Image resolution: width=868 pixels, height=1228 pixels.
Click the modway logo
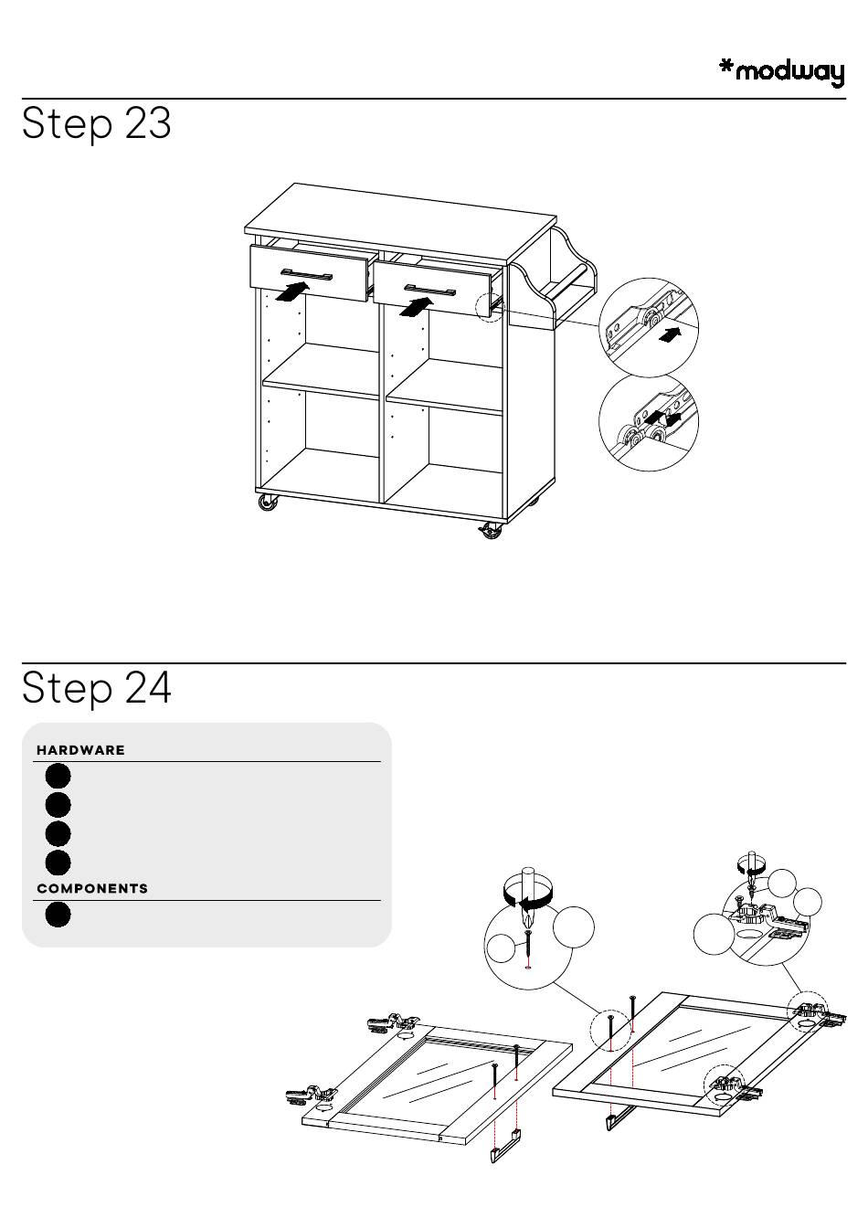pos(781,73)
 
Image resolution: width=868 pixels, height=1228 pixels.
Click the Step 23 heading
pos(97,124)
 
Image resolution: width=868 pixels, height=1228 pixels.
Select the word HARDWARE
pos(80,750)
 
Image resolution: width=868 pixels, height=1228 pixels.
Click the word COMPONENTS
pos(92,889)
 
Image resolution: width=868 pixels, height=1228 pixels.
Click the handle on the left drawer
pos(306,274)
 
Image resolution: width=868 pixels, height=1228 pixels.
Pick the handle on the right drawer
pos(429,290)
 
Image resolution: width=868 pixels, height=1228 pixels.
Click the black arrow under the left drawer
pos(291,291)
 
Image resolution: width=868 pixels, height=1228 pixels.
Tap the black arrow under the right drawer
pos(416,307)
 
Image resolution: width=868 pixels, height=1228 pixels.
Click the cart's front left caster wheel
pos(267,503)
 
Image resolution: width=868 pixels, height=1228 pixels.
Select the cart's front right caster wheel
pos(491,530)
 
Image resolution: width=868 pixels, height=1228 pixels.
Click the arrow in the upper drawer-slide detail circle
pos(670,334)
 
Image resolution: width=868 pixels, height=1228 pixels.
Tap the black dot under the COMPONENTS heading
pos(58,916)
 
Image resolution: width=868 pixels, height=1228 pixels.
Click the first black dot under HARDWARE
pos(58,777)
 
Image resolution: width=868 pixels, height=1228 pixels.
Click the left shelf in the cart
pos(321,370)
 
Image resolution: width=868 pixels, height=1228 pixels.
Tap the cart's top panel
pos(400,222)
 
